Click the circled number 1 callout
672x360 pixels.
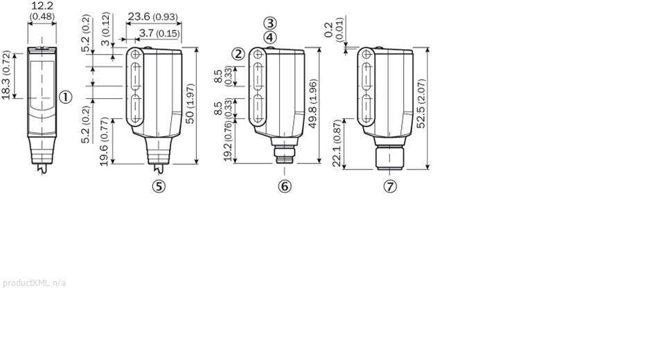point(65,97)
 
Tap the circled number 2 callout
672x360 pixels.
point(238,54)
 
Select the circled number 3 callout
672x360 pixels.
point(270,23)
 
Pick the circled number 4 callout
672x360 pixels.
point(270,37)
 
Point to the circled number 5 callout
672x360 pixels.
point(159,186)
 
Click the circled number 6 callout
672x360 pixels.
point(285,186)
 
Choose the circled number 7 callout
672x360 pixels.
point(390,186)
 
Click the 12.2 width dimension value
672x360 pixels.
point(42,6)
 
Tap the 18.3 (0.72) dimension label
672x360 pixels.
point(6,75)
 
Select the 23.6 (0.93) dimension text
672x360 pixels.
point(152,17)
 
